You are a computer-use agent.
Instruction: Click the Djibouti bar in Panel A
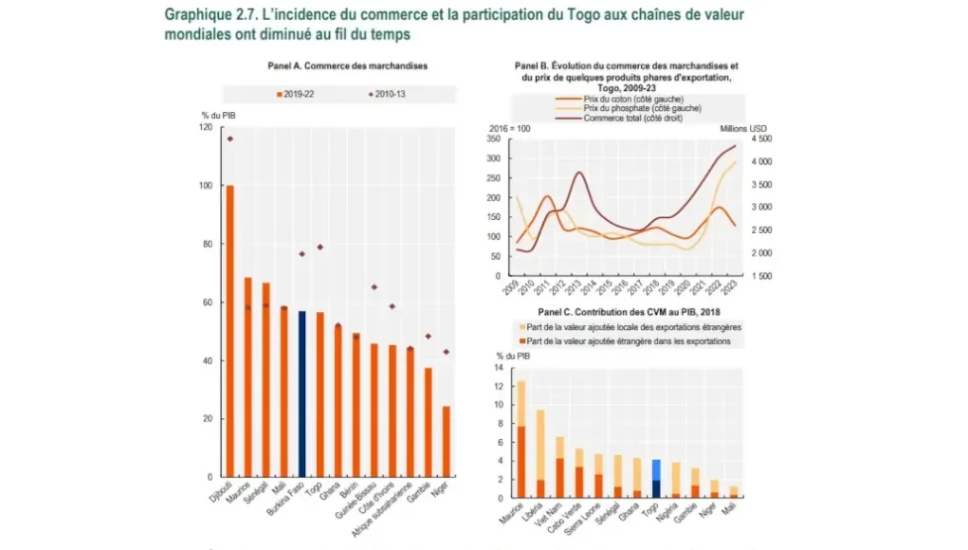coord(228,331)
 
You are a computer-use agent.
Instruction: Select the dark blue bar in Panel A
coord(301,394)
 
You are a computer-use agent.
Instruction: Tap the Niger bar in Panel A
coord(446,441)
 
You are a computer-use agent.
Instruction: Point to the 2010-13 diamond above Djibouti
coord(229,138)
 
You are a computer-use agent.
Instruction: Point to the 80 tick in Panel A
coord(207,244)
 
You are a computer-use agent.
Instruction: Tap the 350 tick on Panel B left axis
coord(494,138)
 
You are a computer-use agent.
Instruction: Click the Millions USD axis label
coord(749,128)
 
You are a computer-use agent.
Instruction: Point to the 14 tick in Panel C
coord(498,368)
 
